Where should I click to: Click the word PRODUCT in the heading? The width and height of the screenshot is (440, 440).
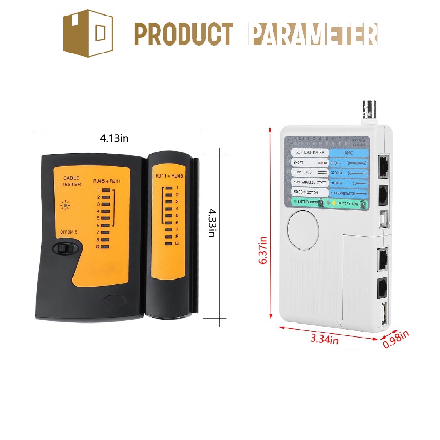[184, 34]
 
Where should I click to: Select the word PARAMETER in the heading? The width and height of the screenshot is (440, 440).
[313, 34]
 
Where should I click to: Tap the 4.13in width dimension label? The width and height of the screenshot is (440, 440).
[114, 138]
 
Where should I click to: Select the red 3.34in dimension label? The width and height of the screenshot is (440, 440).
[325, 340]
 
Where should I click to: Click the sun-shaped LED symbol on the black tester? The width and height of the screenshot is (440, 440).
[65, 204]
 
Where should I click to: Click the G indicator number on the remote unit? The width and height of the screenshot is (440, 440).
[177, 243]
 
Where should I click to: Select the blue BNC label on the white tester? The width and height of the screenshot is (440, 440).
[348, 153]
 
